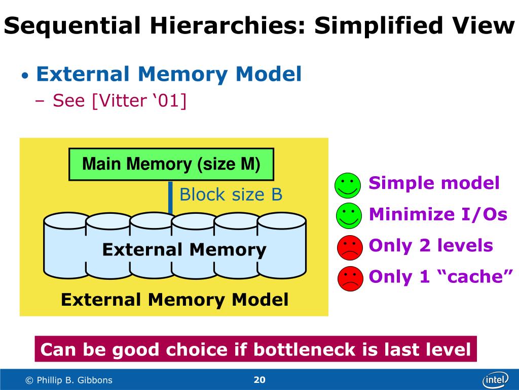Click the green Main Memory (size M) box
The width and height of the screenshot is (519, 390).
coord(171,164)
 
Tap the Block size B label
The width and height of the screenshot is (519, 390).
coord(231,194)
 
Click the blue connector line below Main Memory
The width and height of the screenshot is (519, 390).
coord(170,198)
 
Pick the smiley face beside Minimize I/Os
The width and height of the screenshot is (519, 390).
coord(348,215)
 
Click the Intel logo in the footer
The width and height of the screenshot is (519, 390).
coord(495,379)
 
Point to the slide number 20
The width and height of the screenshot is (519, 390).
coord(259,380)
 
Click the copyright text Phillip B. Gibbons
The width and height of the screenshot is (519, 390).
coord(69,380)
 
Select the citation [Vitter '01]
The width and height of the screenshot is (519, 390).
coord(139,101)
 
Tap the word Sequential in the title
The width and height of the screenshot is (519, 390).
coord(72,25)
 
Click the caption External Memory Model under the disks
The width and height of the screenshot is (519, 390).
coord(174,300)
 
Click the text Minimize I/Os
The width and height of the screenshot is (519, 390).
coord(438,214)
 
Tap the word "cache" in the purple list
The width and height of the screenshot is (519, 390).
coord(478,276)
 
